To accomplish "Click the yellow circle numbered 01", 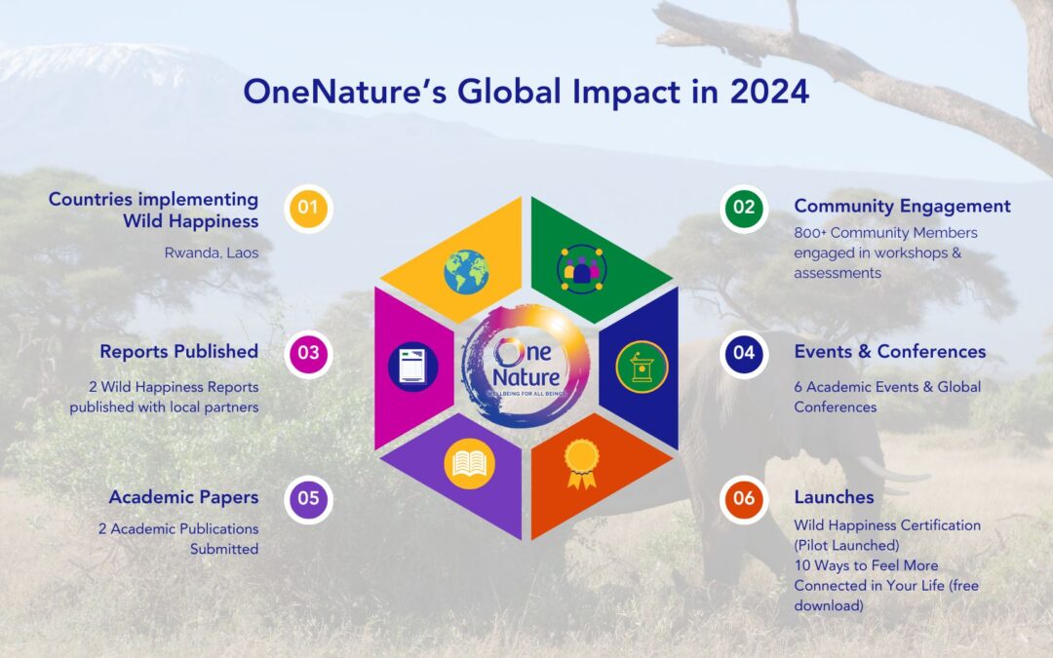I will [309, 208].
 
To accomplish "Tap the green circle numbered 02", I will [744, 208].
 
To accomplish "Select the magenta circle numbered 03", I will [309, 353].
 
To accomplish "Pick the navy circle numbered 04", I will [744, 353].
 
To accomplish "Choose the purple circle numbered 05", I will [309, 498].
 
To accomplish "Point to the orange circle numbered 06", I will [744, 498].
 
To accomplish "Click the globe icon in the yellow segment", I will [466, 271].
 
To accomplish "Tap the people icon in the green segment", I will [582, 270].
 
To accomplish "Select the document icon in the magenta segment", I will [412, 366].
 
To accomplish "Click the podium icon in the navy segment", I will [642, 366].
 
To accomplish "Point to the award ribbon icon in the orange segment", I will [581, 463].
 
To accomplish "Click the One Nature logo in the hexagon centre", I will [526, 367].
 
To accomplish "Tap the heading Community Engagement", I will [902, 207].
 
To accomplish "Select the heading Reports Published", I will [178, 351].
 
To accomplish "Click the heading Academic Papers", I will [183, 497].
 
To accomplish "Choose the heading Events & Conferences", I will [889, 352].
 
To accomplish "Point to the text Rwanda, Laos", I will [212, 252].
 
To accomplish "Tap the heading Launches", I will [834, 497].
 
